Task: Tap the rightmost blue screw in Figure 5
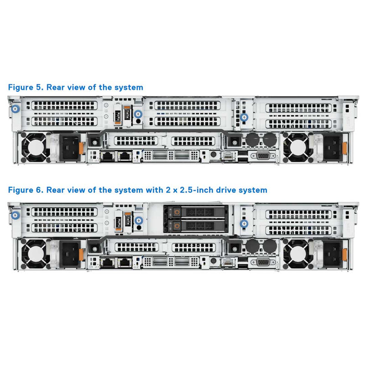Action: click(244, 117)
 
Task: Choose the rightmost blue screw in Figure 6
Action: click(244, 223)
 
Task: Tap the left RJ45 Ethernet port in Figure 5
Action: click(107, 156)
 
